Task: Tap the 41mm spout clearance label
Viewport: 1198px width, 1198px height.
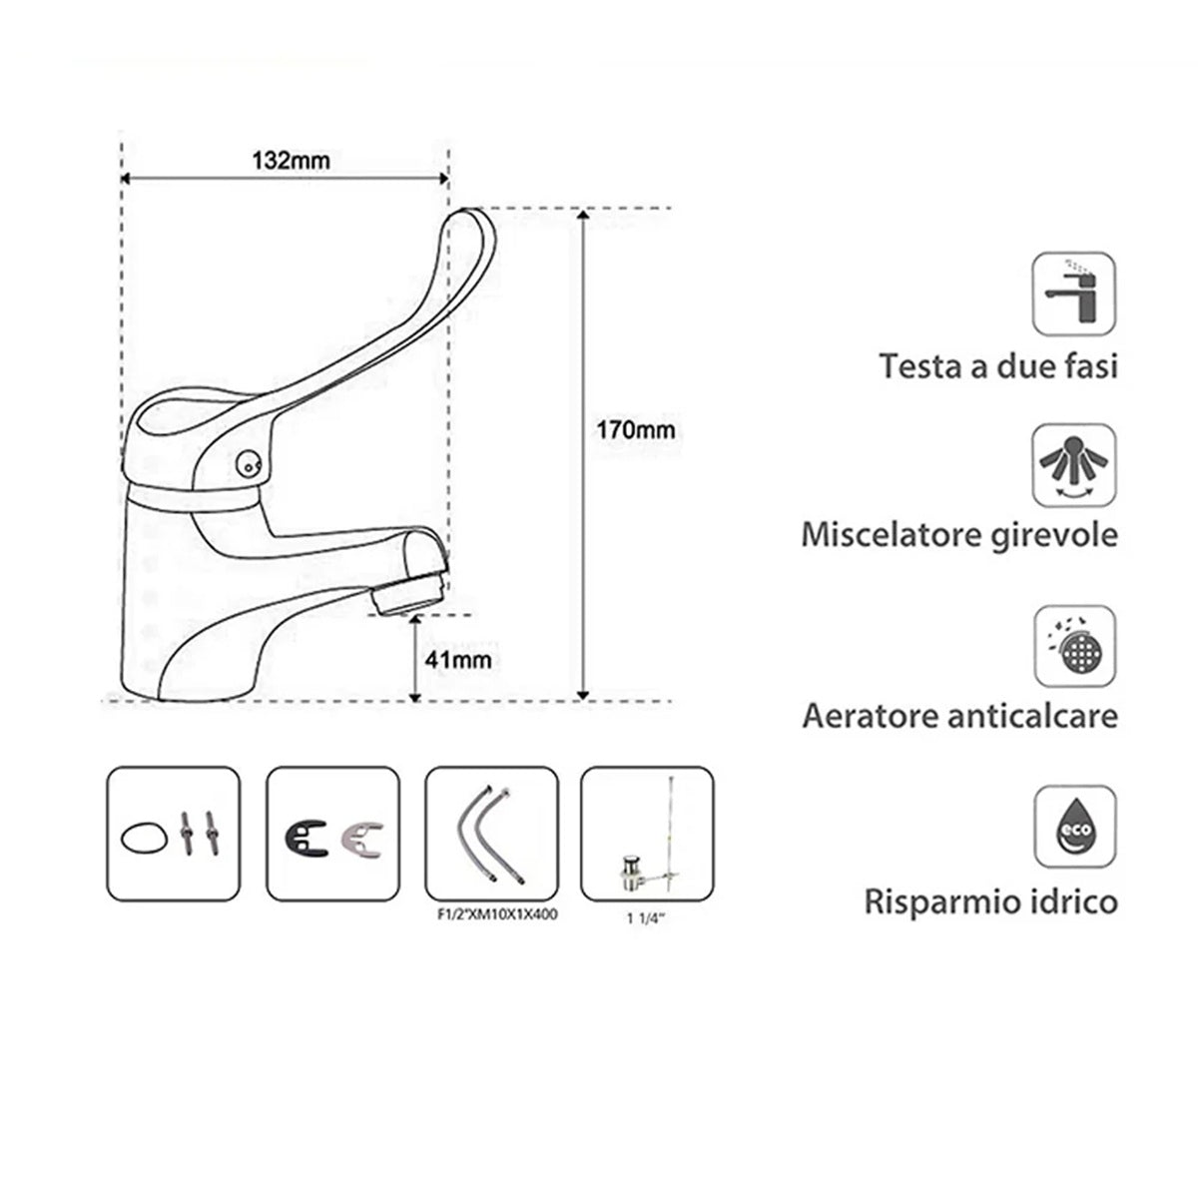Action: pos(456,660)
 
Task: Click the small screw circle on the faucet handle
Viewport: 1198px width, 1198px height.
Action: pos(246,464)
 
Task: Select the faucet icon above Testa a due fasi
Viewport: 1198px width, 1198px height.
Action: pos(1074,293)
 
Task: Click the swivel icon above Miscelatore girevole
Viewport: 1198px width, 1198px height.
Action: pos(1074,466)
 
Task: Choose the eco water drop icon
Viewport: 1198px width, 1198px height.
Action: pos(1074,827)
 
